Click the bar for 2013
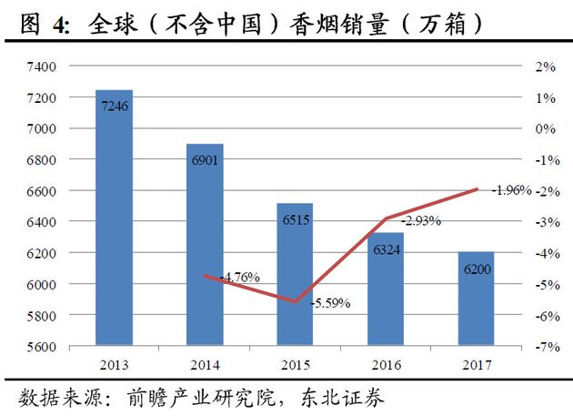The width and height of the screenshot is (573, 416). coord(115,218)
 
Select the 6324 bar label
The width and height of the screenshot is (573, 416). coord(386,249)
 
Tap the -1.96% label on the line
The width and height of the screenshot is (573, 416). coord(511,190)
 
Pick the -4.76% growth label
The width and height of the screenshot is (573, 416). coord(240,277)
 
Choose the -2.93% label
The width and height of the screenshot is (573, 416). coord(421,221)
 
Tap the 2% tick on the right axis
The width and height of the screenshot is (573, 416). coord(544,66)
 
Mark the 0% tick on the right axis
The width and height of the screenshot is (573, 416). coord(544,128)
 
